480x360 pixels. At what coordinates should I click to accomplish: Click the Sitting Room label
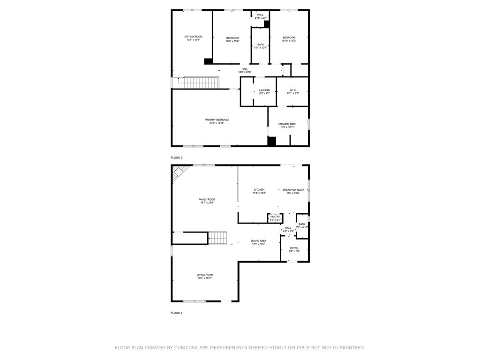193,37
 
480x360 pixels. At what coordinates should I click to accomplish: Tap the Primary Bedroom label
217,120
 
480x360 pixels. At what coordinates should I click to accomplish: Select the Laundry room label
264,90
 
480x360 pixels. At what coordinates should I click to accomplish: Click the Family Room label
207,200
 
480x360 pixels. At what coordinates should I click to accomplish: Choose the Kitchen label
259,190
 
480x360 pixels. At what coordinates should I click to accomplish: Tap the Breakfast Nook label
293,190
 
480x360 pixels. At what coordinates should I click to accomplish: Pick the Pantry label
275,217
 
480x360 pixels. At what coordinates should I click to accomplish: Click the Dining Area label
258,241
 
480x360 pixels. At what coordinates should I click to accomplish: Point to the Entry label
294,248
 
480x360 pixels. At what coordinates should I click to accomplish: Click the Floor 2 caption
177,157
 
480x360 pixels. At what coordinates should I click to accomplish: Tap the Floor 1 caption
177,313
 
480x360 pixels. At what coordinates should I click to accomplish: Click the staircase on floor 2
201,82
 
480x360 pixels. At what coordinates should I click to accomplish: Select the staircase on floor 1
218,238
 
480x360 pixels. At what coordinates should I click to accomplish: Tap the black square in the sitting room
209,61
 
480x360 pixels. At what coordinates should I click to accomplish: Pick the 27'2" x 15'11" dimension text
217,123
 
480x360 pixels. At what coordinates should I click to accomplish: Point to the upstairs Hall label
245,69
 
